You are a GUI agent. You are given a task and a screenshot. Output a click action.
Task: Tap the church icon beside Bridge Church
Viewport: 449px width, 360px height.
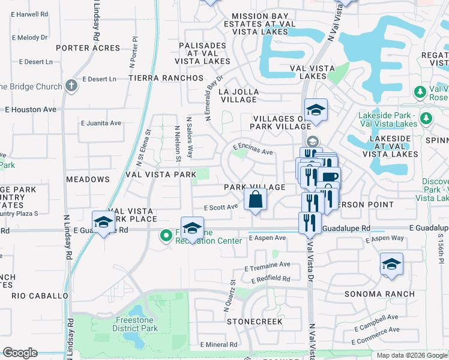(x=71, y=86)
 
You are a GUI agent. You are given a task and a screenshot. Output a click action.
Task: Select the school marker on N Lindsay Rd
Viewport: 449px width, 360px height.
(x=103, y=223)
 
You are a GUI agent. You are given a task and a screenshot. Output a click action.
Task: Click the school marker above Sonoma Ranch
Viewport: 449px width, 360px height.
(x=391, y=265)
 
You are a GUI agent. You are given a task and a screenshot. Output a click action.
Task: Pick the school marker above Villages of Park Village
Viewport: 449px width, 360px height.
(x=316, y=111)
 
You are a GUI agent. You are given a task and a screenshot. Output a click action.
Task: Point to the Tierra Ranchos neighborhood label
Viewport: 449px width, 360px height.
(x=166, y=78)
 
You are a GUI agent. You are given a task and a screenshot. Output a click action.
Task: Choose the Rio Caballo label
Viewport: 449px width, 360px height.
(x=40, y=296)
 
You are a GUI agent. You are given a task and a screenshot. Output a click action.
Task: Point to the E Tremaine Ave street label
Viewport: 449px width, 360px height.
(x=267, y=265)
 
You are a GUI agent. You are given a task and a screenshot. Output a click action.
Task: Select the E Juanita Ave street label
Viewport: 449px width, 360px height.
(x=101, y=123)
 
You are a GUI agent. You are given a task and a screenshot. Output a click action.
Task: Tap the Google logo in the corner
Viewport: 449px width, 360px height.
(x=20, y=352)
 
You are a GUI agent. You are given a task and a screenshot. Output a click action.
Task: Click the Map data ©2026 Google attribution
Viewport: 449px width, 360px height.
(x=412, y=355)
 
